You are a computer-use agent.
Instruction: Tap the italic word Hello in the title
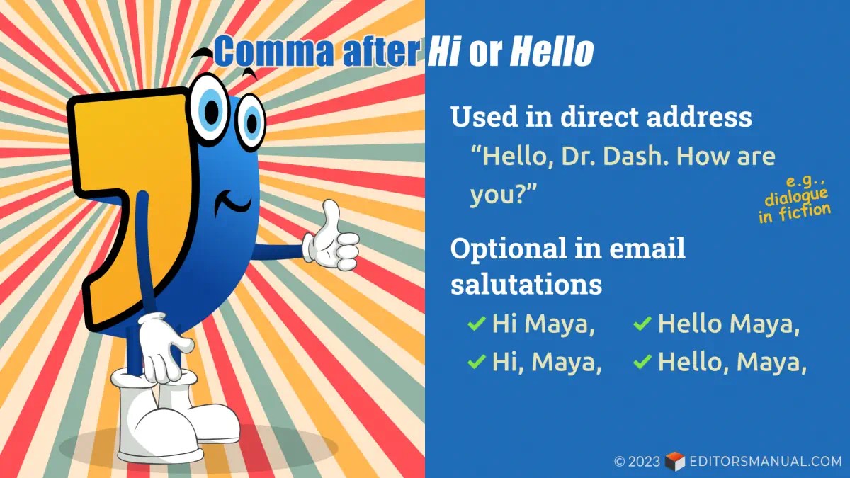point(552,51)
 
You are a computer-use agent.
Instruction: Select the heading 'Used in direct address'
point(601,117)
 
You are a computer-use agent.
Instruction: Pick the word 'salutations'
point(526,284)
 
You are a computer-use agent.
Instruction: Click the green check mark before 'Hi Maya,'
point(475,325)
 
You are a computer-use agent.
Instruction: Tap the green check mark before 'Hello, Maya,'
point(642,363)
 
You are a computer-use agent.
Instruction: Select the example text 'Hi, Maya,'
point(547,363)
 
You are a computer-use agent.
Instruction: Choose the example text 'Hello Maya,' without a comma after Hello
point(729,325)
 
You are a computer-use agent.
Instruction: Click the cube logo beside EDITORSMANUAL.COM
point(675,462)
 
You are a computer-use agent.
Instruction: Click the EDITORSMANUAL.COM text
point(765,462)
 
